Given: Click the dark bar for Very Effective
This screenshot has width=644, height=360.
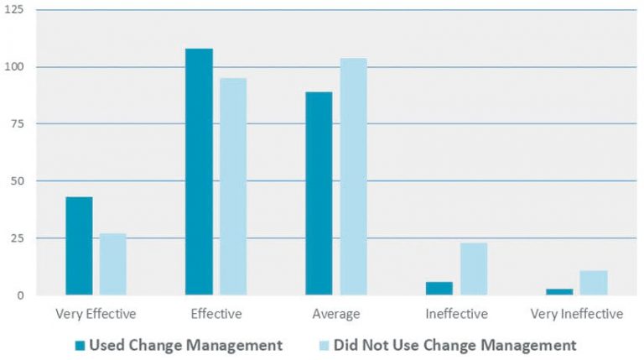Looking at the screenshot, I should (x=79, y=246).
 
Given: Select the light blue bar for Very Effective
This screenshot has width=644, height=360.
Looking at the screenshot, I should (x=112, y=264).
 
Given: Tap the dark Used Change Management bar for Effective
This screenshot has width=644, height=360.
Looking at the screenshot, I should (x=199, y=172).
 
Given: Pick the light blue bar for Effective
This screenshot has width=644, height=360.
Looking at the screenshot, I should (x=232, y=186).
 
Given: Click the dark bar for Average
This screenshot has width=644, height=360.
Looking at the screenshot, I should (x=319, y=193).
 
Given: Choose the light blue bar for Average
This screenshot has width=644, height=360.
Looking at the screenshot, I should (x=352, y=176).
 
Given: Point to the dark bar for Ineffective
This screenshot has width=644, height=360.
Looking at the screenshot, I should (x=439, y=289).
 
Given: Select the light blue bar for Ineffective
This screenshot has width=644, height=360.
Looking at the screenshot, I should (x=473, y=269).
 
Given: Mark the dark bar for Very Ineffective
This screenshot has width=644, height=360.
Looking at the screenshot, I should (x=559, y=292).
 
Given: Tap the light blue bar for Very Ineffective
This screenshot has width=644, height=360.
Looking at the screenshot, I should (x=593, y=283).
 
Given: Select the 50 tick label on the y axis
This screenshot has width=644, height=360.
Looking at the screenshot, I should (x=17, y=181).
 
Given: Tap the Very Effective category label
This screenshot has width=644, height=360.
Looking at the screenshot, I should (x=96, y=315).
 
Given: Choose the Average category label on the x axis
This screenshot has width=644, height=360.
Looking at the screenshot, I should (x=335, y=315).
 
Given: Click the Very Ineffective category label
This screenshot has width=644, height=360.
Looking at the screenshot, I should (x=577, y=315).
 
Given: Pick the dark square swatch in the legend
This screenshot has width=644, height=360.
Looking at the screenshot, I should (x=80, y=345).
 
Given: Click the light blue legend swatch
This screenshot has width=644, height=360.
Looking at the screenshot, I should (x=324, y=345).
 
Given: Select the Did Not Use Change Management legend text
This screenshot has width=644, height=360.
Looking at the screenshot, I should (x=454, y=345).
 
